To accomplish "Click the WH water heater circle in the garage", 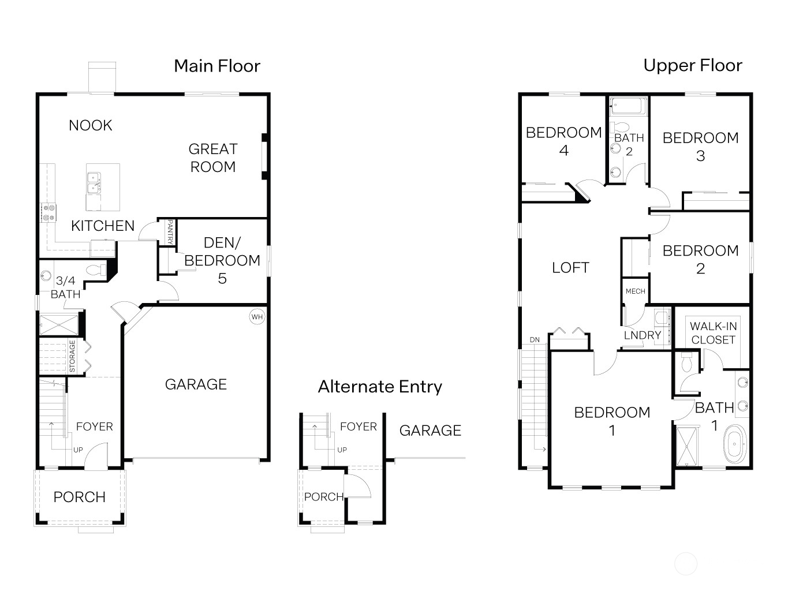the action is point(257,317).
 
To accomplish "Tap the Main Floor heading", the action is point(217,66).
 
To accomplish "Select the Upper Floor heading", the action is point(693,66).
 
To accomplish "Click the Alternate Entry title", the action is point(380,387).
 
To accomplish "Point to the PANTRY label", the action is point(170,232).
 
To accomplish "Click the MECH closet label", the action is point(635,291).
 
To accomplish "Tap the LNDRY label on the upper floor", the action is point(643,335).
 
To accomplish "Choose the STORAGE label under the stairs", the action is point(72,356).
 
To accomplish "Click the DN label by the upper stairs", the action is point(535,340).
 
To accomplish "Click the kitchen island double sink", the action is point(94,182).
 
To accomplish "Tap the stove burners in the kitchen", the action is point(48,212).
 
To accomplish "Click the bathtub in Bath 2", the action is point(628,106).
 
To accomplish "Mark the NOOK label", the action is point(91,126).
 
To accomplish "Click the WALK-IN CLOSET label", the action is point(714,333).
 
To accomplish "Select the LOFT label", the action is point(570,268).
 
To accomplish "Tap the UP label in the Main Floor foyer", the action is point(78,450).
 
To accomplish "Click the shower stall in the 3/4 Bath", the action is point(59,325).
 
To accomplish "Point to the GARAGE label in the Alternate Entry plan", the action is point(430,431).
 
